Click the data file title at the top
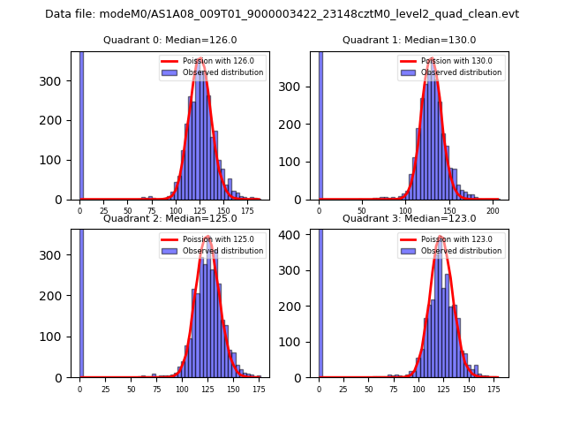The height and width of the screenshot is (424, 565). coord(282,14)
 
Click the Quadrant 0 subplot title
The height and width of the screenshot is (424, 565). coord(169,40)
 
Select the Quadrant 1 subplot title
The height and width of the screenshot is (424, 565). coord(409,40)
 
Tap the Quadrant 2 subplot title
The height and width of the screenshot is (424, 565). coord(169,218)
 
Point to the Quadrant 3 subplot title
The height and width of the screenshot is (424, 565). coord(409,218)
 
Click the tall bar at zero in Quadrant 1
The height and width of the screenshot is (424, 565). coord(320,124)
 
